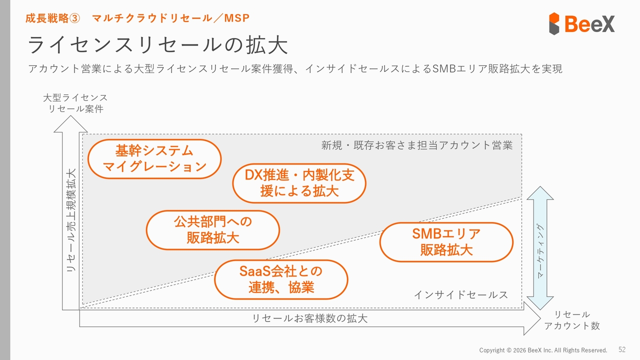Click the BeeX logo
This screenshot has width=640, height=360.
(581, 23)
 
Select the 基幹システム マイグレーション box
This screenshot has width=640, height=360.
(154, 158)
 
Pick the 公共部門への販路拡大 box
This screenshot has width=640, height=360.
(212, 229)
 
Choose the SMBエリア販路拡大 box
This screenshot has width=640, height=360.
(446, 242)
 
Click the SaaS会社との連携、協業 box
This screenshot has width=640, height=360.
(281, 279)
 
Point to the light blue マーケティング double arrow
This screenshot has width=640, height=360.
(540, 248)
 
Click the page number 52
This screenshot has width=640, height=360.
(622, 349)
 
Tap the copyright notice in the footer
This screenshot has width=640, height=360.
(543, 350)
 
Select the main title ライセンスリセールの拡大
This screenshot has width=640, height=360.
(157, 45)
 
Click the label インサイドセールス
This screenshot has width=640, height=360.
(460, 295)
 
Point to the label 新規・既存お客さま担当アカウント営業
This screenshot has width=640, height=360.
(417, 145)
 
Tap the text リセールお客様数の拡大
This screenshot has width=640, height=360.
(309, 318)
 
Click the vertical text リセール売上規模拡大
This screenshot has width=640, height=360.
(71, 220)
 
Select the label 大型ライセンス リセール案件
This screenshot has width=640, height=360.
(75, 103)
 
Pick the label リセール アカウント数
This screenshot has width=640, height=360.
(571, 320)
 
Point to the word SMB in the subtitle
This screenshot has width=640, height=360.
(441, 69)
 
